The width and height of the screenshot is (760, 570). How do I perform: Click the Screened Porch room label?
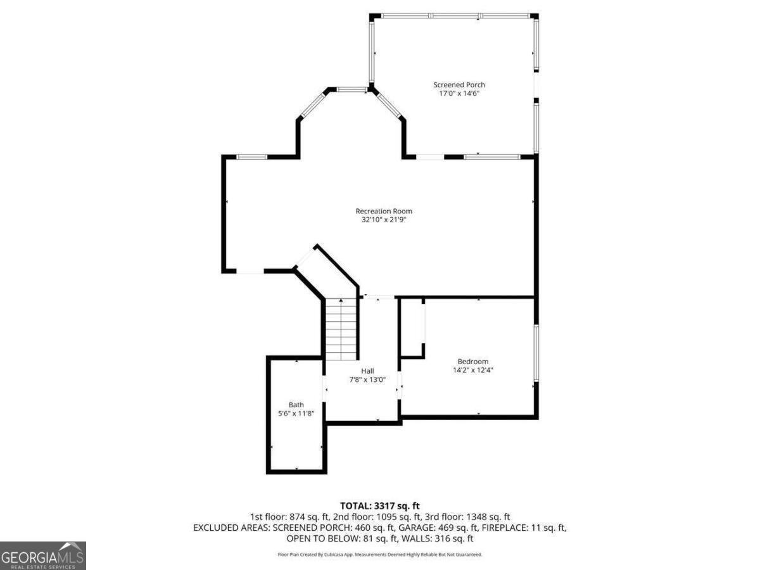click(459, 85)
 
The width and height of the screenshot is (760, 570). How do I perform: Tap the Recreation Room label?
click(384, 211)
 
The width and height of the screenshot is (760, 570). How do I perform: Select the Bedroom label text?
click(472, 362)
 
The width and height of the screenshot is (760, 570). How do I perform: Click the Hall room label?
click(367, 371)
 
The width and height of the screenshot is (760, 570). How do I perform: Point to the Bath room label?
click(296, 405)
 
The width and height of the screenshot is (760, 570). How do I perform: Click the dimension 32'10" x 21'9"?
click(384, 220)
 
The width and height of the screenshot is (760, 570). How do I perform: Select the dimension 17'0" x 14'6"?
click(459, 94)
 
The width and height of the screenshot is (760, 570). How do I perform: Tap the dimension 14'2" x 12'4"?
click(472, 370)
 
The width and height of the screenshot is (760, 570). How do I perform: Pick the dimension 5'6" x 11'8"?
click(296, 413)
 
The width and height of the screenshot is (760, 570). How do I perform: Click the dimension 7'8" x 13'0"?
click(367, 379)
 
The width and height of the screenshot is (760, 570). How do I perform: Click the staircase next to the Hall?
click(341, 329)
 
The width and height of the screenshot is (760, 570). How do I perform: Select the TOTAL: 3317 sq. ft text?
click(380, 506)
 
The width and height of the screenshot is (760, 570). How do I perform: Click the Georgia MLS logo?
click(42, 555)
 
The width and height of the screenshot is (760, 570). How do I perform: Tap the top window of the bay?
click(351, 90)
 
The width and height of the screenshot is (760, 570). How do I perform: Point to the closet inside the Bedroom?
click(412, 327)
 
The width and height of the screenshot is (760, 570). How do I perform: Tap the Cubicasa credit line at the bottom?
click(380, 555)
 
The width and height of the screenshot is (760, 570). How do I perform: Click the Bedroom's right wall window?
click(536, 353)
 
